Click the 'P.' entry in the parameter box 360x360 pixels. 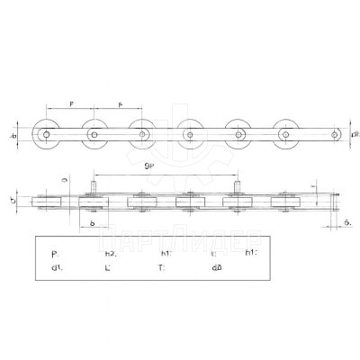[x=56, y=255]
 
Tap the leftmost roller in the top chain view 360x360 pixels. [x=45, y=134]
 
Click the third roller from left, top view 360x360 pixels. [x=141, y=134]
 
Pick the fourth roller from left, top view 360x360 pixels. [x=189, y=134]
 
